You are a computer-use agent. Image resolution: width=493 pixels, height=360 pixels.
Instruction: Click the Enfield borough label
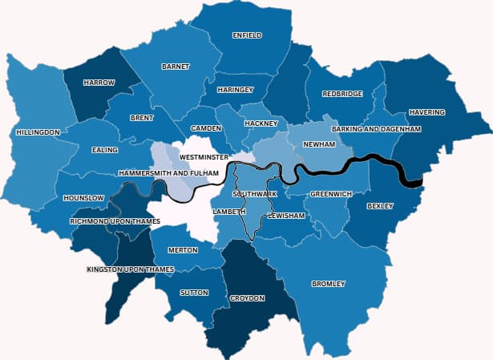point(246,36)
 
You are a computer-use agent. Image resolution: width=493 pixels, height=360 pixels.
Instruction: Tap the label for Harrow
point(100,83)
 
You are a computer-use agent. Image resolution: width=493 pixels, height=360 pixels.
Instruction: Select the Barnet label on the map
point(176,67)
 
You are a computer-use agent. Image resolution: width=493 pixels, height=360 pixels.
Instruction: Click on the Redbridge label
point(342,94)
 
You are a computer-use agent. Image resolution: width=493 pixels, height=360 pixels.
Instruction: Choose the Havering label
point(426,112)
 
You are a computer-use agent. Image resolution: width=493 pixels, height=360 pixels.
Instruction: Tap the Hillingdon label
point(38,131)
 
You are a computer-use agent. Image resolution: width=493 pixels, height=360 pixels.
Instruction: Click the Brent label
point(141,118)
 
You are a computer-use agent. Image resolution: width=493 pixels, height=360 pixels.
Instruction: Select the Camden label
point(206,129)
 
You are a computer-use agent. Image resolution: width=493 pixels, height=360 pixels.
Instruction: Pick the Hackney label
point(261,123)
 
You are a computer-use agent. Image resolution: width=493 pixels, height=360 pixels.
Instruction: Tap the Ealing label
point(105,150)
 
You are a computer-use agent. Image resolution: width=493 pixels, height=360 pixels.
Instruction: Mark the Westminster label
point(204,157)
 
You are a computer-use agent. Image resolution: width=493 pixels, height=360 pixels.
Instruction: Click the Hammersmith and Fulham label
point(168,173)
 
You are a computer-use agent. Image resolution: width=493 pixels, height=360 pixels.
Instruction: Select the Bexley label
point(380,206)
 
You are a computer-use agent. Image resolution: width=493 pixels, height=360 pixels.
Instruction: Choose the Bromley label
point(329,284)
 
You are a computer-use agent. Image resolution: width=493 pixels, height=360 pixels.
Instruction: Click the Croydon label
point(247,298)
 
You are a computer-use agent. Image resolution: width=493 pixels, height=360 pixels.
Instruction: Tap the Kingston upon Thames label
point(130,269)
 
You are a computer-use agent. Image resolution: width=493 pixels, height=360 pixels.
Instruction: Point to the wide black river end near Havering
point(410,180)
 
